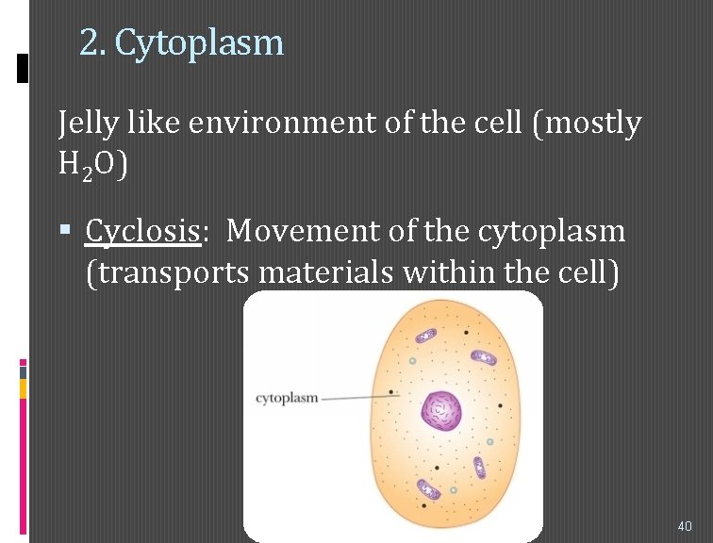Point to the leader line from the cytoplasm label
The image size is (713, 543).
pyautogui.click(x=359, y=398)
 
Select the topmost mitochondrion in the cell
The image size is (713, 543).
pyautogui.click(x=426, y=336)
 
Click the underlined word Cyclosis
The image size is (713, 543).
pyautogui.click(x=144, y=230)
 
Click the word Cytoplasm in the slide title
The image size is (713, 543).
pyautogui.click(x=199, y=42)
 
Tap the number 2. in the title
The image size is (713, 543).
pyautogui.click(x=91, y=42)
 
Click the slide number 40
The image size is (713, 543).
pyautogui.click(x=684, y=525)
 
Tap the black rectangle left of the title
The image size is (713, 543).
pyautogui.click(x=24, y=69)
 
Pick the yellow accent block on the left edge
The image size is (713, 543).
pyautogui.click(x=24, y=389)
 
